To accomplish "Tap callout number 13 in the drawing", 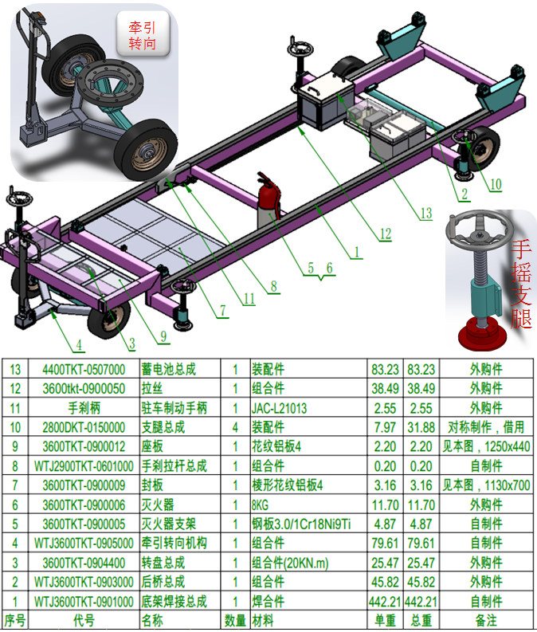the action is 425,213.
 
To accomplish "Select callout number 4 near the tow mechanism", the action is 79,344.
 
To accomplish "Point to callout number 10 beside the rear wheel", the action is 496,184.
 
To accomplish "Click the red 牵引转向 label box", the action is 143,34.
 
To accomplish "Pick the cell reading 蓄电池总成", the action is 168,369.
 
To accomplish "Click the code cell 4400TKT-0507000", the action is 84,369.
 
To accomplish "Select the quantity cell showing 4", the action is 235,427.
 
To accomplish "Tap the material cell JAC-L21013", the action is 279,408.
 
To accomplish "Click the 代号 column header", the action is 84,620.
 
